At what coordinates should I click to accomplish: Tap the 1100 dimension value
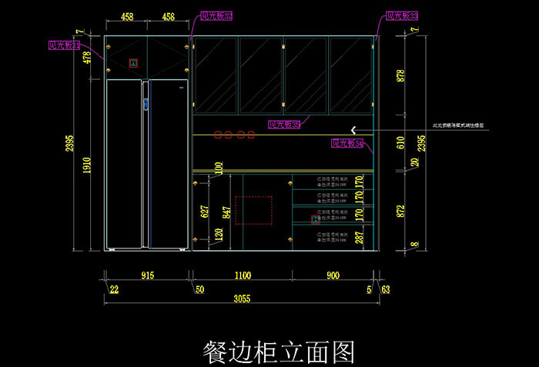tap(242, 275)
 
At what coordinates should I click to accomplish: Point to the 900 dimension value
tap(333, 275)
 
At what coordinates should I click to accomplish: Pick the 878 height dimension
tap(400, 75)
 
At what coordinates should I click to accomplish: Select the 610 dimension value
tap(400, 142)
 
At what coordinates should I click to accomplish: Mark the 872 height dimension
tap(400, 212)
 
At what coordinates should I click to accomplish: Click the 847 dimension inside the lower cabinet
tap(226, 213)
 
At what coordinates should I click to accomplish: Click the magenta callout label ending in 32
tap(216, 15)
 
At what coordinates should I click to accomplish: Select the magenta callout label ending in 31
tap(65, 46)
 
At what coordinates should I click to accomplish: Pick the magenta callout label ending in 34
tap(347, 143)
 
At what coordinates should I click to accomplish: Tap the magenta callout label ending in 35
tap(284, 124)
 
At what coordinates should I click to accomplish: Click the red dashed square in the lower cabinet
tap(253, 210)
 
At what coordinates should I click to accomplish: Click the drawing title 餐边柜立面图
tap(278, 352)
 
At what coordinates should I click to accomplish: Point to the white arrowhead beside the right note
tap(354, 128)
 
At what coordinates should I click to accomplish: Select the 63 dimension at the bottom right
tap(386, 290)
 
